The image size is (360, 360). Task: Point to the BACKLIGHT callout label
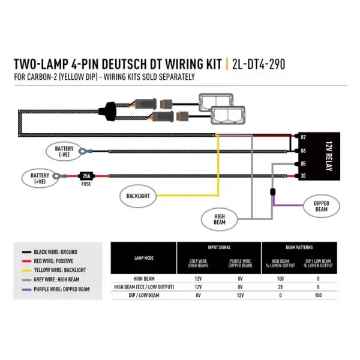138,196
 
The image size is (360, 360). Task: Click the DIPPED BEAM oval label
321,206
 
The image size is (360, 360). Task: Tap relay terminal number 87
304,137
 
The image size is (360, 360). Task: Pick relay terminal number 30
304,176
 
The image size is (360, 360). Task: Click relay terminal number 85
304,163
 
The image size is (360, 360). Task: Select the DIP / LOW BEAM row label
143,296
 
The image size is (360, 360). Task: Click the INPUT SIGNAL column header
219,247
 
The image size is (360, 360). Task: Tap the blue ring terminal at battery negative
89,151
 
